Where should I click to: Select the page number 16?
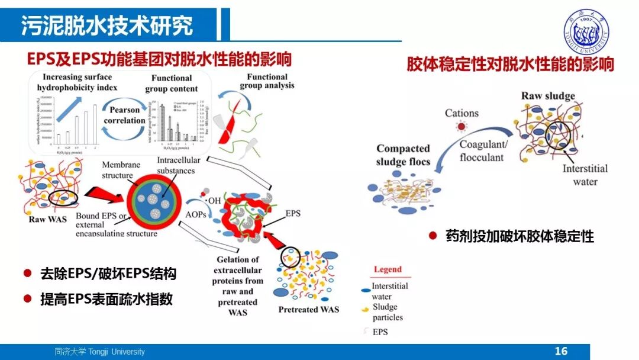[561, 351]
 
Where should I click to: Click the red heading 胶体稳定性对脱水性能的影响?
[510, 64]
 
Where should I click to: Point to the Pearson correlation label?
[124, 115]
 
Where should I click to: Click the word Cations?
[461, 113]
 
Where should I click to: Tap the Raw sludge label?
[547, 96]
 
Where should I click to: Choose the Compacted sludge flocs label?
[403, 155]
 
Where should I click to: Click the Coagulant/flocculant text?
[482, 151]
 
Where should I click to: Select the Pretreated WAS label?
[308, 310]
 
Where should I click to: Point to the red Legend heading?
[388, 269]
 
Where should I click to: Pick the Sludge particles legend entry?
[388, 312]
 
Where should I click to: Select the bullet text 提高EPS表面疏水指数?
[106, 299]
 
